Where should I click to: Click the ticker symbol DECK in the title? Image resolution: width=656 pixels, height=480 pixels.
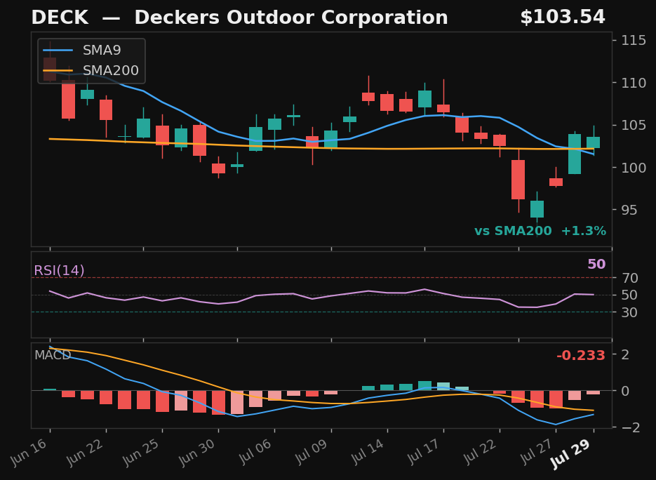coord(60,18)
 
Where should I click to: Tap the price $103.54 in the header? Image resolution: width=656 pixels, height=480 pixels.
coord(563,18)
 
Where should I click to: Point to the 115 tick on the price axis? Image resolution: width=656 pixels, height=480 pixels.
coord(634,41)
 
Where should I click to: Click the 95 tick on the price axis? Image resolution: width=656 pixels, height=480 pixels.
coord(629,210)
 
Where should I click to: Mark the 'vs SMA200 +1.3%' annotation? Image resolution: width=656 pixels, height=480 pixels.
coord(540,231)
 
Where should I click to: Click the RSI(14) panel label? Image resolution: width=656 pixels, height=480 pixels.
coord(59,271)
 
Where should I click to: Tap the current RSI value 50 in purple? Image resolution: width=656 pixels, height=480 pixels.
coord(596,265)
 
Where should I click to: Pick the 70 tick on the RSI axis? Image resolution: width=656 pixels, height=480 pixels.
coord(629,278)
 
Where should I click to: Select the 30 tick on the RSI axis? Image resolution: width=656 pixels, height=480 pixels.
coord(629,312)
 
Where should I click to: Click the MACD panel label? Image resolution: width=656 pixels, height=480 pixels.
coord(53,355)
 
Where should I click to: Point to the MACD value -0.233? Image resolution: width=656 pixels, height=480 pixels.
coord(581,356)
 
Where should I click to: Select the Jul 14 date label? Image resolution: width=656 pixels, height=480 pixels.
coord(366,453)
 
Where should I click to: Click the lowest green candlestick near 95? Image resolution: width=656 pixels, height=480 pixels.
coord(537,209)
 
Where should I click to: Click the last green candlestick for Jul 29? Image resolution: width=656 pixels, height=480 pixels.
coord(594,142)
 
